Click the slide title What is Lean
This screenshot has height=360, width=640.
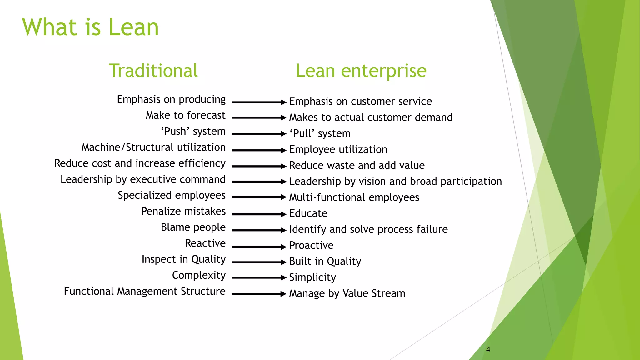tap(90, 27)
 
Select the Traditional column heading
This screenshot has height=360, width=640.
tap(153, 71)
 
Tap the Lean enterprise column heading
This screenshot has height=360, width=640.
tap(361, 71)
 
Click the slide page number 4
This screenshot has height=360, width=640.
tap(488, 350)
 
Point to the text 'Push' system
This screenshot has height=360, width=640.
tap(193, 131)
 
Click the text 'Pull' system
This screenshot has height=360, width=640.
tap(320, 133)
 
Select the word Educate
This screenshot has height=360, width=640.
tap(308, 213)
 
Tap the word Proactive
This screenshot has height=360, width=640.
tap(311, 245)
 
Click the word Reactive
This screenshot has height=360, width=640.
tap(205, 243)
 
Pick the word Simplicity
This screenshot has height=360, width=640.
tap(312, 277)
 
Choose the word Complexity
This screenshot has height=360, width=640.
tap(199, 275)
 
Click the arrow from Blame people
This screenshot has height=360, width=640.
tap(259, 230)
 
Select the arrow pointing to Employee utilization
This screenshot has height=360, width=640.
tap(259, 150)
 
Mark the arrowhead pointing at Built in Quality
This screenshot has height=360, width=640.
tap(283, 262)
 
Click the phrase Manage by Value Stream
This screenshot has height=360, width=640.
tap(347, 293)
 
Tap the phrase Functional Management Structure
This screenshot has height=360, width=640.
tap(144, 291)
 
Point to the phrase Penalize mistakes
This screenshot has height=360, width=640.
tap(183, 211)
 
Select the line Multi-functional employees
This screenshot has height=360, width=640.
tap(354, 197)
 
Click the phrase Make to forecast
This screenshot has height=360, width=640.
tap(185, 115)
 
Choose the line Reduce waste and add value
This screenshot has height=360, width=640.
tap(357, 165)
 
